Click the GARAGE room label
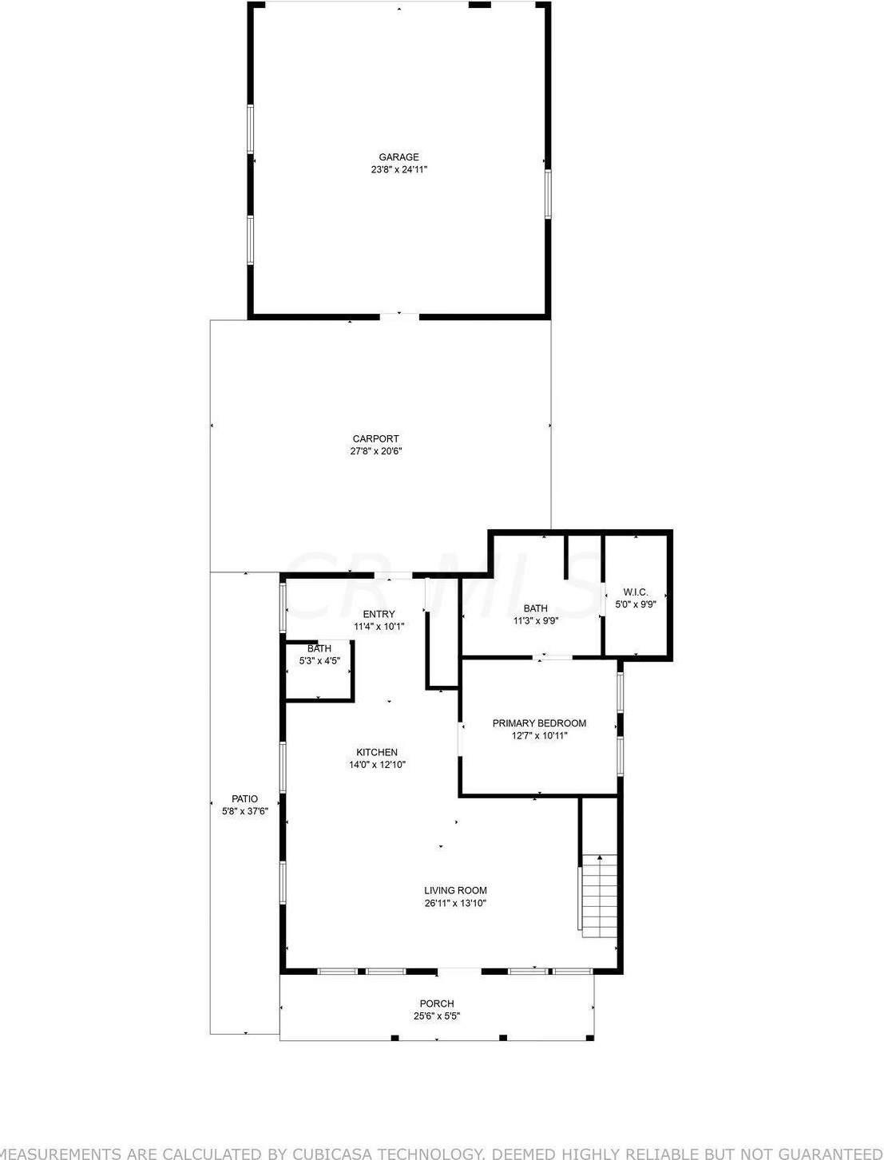tap(398, 157)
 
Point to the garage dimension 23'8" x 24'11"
tap(398, 169)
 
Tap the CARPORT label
tap(375, 438)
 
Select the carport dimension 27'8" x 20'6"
tap(375, 451)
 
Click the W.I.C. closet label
tap(636, 592)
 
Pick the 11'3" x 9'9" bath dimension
tap(536, 621)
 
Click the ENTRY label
tap(379, 614)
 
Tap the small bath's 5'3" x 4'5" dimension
tap(319, 660)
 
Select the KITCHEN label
tap(377, 752)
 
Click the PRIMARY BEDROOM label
tap(540, 723)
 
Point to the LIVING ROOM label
tap(455, 890)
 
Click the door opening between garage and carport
tap(399, 317)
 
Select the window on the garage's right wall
tap(549, 194)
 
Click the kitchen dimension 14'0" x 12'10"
tap(377, 765)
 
